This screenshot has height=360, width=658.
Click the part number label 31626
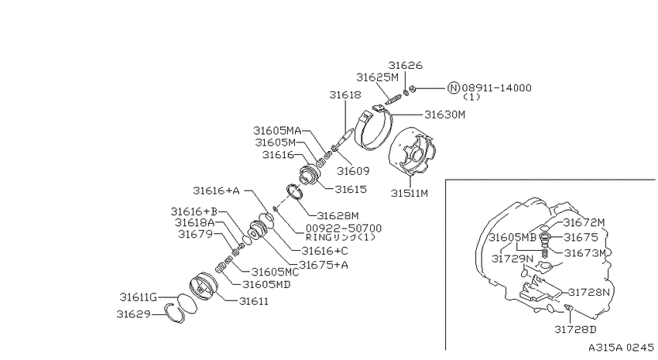pos(405,66)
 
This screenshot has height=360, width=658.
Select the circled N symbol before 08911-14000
pos(453,87)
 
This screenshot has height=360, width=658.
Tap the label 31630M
pos(445,115)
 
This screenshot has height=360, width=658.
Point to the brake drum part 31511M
pos(413,153)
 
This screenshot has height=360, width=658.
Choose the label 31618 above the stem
pos(345,94)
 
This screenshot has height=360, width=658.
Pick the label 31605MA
pos(277,130)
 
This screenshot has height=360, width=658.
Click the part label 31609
pos(353,171)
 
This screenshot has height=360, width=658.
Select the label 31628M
pos(338,216)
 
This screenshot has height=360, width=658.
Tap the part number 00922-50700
pos(344,228)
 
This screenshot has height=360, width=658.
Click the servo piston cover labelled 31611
pos(204,287)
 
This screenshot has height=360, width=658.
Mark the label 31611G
pos(138,297)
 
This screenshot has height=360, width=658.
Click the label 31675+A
pos(324,265)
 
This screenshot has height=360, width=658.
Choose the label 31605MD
pos(266,284)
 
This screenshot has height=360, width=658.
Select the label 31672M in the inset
pos(584,222)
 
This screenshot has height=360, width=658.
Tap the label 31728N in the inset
pos(589,292)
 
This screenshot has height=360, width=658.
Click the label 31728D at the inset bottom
pos(575,329)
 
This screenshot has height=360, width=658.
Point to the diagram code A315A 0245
pos(621,348)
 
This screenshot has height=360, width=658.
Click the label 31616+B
pos(194,211)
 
